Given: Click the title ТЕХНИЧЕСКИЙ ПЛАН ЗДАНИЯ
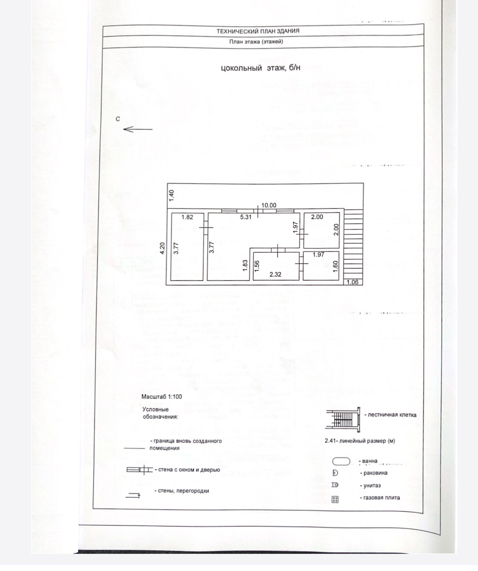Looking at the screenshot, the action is pyautogui.click(x=258, y=31).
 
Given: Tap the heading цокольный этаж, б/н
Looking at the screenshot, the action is pyautogui.click(x=260, y=68).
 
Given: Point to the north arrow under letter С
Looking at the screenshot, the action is pyautogui.click(x=137, y=129).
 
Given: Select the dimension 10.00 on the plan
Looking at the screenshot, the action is pyautogui.click(x=268, y=205).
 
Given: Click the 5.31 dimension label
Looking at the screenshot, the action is pyautogui.click(x=246, y=217).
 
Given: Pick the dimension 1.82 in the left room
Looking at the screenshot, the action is pyautogui.click(x=187, y=217).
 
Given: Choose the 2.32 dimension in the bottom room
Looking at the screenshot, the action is pyautogui.click(x=275, y=274).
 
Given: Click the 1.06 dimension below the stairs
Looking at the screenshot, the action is pyautogui.click(x=352, y=282).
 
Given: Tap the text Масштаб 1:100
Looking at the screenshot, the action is pyautogui.click(x=162, y=397).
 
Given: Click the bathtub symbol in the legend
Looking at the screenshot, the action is pyautogui.click(x=341, y=461).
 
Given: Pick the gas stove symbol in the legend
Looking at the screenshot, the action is pyautogui.click(x=335, y=499).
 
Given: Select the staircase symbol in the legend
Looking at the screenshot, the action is pyautogui.click(x=343, y=419).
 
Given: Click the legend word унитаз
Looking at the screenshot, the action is pyautogui.click(x=370, y=486).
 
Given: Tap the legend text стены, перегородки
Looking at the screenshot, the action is pyautogui.click(x=181, y=491).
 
